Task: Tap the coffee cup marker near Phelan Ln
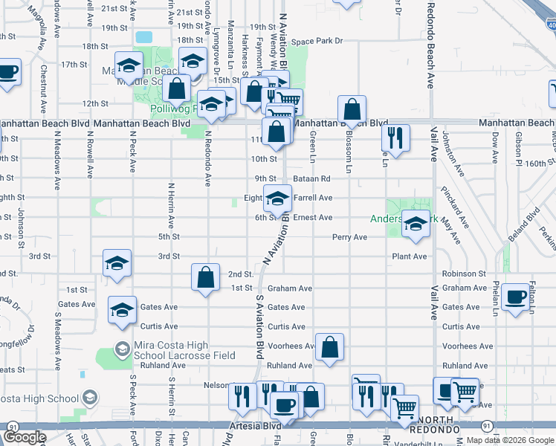tap(515, 297)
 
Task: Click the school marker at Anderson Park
tap(416, 223)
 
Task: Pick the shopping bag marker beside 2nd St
tap(206, 277)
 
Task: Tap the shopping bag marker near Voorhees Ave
tap(329, 346)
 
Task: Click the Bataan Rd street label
tap(312, 178)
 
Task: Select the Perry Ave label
tap(349, 237)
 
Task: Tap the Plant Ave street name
tap(410, 256)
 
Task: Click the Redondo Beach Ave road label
tap(430, 45)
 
